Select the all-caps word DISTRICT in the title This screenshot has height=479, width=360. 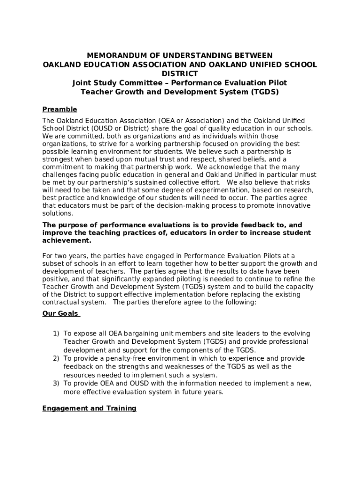click(180, 73)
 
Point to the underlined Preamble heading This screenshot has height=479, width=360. click(60, 109)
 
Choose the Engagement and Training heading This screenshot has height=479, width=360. click(89, 408)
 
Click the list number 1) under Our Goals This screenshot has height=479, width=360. click(56, 334)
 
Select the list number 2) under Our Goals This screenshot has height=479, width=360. click(56, 358)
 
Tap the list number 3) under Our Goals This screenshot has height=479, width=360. click(56, 384)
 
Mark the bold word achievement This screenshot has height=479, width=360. click(66, 241)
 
